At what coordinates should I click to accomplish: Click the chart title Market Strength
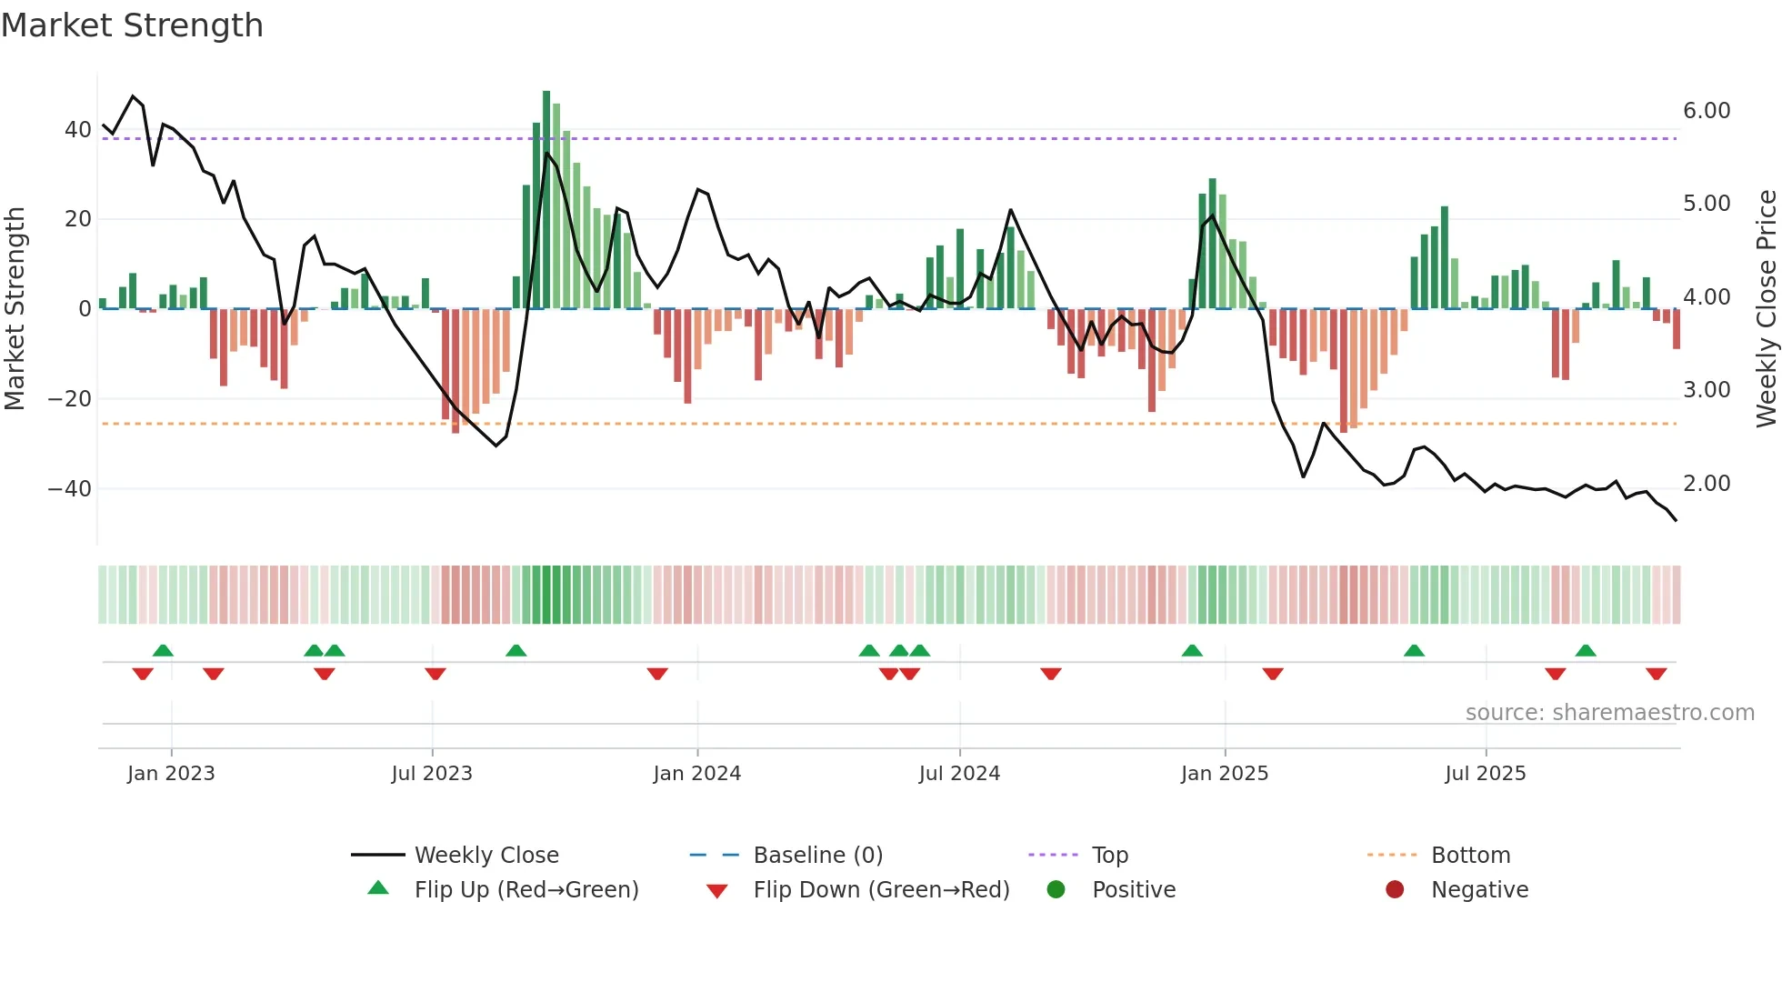132,25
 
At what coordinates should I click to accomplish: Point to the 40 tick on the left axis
78,130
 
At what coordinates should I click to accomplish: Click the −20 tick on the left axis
70,399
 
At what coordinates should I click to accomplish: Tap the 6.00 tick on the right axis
1707,111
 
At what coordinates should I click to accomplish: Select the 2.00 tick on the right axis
1707,484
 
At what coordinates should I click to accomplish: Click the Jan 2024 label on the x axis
696,774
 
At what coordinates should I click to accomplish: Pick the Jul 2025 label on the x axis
1485,774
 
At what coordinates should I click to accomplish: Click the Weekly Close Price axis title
1766,309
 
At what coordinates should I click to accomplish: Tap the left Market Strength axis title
15,309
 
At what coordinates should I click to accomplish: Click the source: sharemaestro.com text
1609,713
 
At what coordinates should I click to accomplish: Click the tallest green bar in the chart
546,200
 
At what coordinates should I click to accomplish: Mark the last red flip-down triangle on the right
1656,674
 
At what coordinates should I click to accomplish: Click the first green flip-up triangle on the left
163,650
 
